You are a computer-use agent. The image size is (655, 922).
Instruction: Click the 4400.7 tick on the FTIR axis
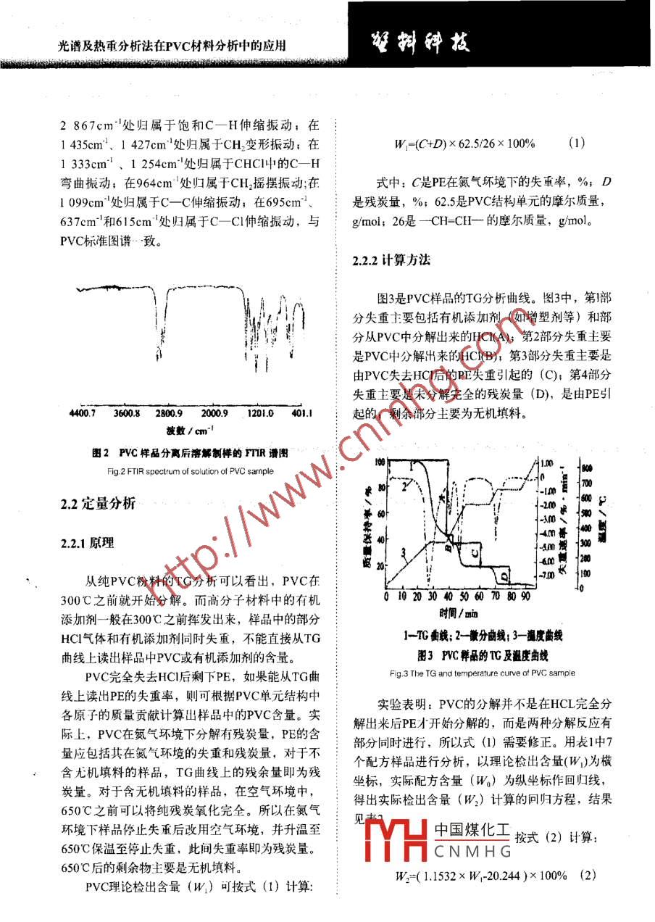click(x=81, y=414)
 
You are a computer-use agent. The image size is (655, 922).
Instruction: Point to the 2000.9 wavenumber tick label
click(x=214, y=414)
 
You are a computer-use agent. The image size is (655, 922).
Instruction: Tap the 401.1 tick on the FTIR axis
click(x=301, y=414)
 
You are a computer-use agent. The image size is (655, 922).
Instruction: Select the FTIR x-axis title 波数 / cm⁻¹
click(x=189, y=431)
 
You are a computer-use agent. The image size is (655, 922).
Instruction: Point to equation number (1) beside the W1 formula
click(x=577, y=144)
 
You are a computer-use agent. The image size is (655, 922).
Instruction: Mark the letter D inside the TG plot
click(x=502, y=575)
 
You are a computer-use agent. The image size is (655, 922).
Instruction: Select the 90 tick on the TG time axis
click(x=525, y=597)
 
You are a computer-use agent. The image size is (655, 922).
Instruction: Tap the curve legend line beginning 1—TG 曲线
click(x=482, y=636)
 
